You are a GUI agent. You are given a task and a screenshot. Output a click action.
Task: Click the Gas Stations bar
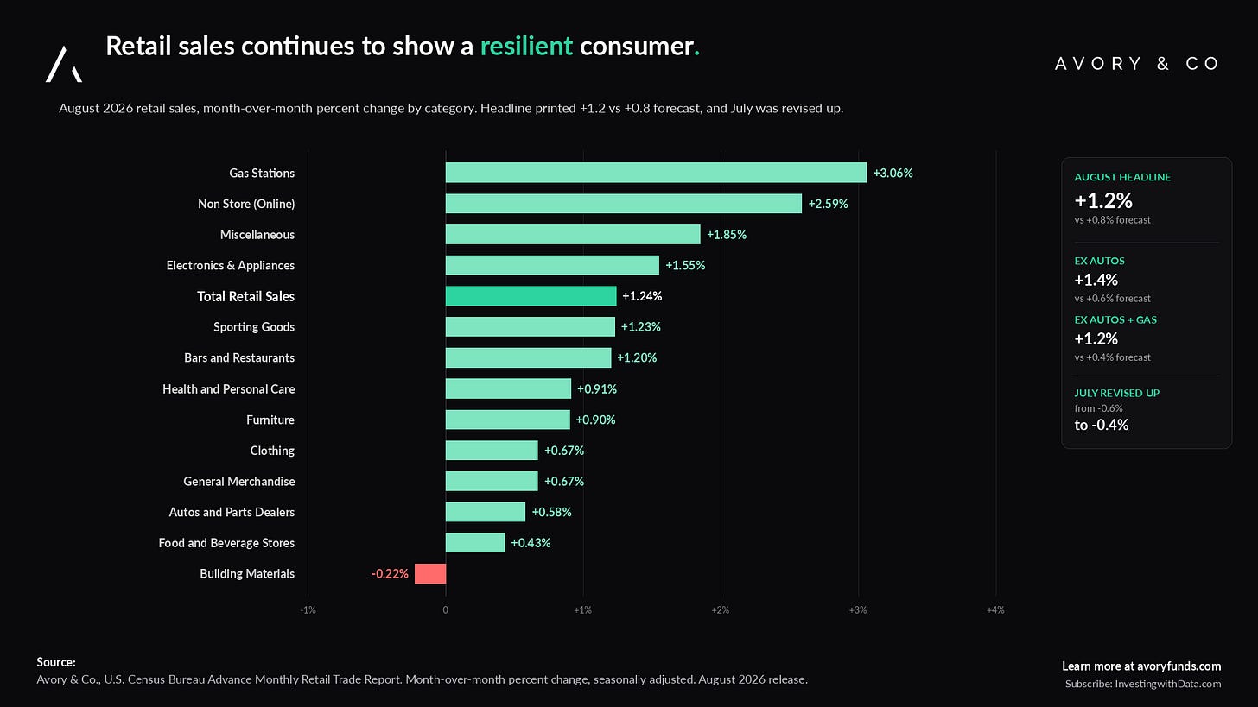[656, 173]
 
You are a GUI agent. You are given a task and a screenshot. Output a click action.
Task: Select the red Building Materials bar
[430, 573]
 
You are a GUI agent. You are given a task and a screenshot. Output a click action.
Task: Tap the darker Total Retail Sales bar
[531, 296]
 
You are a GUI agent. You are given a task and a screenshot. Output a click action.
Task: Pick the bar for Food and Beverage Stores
[475, 543]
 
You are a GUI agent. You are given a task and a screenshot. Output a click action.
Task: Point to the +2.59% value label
[828, 204]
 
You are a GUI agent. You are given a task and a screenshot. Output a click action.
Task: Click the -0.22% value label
[390, 573]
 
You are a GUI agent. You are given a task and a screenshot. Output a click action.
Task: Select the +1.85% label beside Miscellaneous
[726, 235]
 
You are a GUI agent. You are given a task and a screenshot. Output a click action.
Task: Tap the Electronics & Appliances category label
[230, 265]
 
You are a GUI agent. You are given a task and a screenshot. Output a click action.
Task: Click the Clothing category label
[272, 451]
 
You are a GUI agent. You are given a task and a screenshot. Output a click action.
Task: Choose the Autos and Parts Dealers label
[232, 512]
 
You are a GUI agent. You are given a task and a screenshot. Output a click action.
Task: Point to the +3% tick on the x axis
[858, 610]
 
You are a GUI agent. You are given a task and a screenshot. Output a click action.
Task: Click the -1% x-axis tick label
[308, 610]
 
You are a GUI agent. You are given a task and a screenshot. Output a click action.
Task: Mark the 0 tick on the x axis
[445, 610]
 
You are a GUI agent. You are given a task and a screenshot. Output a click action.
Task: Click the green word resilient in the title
[526, 46]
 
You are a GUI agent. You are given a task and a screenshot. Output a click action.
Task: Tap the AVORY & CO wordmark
[1137, 63]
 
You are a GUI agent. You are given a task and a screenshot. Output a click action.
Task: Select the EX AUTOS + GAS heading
[1115, 319]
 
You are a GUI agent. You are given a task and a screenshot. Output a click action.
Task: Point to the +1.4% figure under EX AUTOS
[1096, 280]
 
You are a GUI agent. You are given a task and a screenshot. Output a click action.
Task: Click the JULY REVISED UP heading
[1116, 393]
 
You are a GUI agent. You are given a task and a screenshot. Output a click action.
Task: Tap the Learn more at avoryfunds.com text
[1141, 666]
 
